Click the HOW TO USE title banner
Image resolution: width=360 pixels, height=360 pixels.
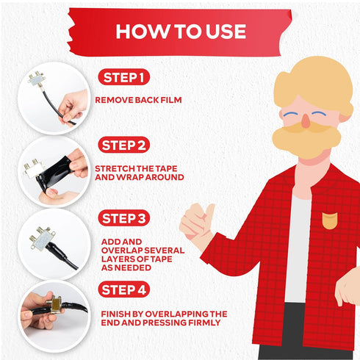coord(180,32)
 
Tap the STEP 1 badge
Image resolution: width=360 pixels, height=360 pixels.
coord(124,77)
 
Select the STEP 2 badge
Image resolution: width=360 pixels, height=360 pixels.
coord(124,145)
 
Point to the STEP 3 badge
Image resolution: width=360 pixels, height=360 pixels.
coord(124,218)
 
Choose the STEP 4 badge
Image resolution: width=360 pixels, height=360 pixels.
coord(124,289)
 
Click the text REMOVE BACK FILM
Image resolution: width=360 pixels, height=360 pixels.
coord(138,100)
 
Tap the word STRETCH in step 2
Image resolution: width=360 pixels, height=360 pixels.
coord(115,168)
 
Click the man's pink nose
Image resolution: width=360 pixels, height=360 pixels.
coord(306,121)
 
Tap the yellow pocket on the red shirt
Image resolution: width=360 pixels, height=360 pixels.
coord(330,220)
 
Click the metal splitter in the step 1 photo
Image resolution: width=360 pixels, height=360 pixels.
coord(37,79)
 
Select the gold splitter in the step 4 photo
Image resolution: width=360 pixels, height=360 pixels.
coord(54,304)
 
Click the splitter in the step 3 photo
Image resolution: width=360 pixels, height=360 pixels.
coord(42,238)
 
